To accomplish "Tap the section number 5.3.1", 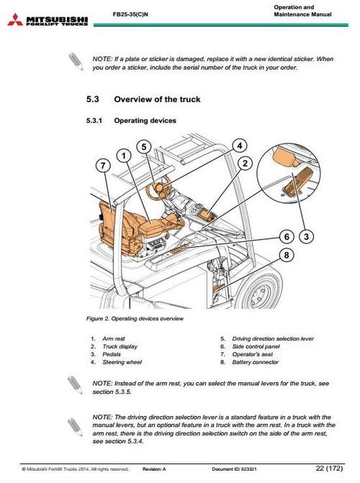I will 96,121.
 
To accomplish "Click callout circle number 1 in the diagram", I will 124,155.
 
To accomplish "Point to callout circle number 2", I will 244,163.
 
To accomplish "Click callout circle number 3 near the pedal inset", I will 307,235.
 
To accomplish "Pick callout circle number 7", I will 105,165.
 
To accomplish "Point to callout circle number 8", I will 287,254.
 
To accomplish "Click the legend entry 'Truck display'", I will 118,346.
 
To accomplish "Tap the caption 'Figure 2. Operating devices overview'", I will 135,318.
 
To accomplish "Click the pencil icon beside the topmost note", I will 74,60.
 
